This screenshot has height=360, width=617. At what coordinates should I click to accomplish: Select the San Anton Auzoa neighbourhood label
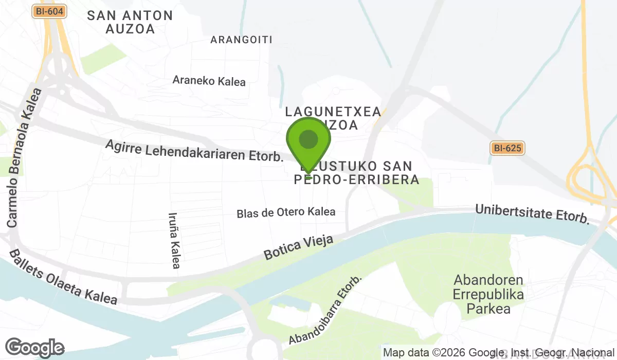point(130,22)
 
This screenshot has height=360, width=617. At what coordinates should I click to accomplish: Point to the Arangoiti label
point(241,40)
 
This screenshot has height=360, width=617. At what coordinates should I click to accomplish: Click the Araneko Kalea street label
point(209,81)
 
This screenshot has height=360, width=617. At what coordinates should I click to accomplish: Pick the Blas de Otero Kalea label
point(286,212)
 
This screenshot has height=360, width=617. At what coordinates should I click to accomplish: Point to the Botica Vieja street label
point(298,247)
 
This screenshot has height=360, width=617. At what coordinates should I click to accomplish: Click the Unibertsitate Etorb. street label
point(532,213)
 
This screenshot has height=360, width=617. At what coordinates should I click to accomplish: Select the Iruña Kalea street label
point(175,241)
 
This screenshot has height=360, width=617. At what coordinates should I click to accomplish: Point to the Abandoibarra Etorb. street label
point(325,310)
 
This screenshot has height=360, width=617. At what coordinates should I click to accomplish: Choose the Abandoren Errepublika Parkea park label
point(488,294)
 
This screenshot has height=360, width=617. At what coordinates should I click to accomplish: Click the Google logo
point(34,348)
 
